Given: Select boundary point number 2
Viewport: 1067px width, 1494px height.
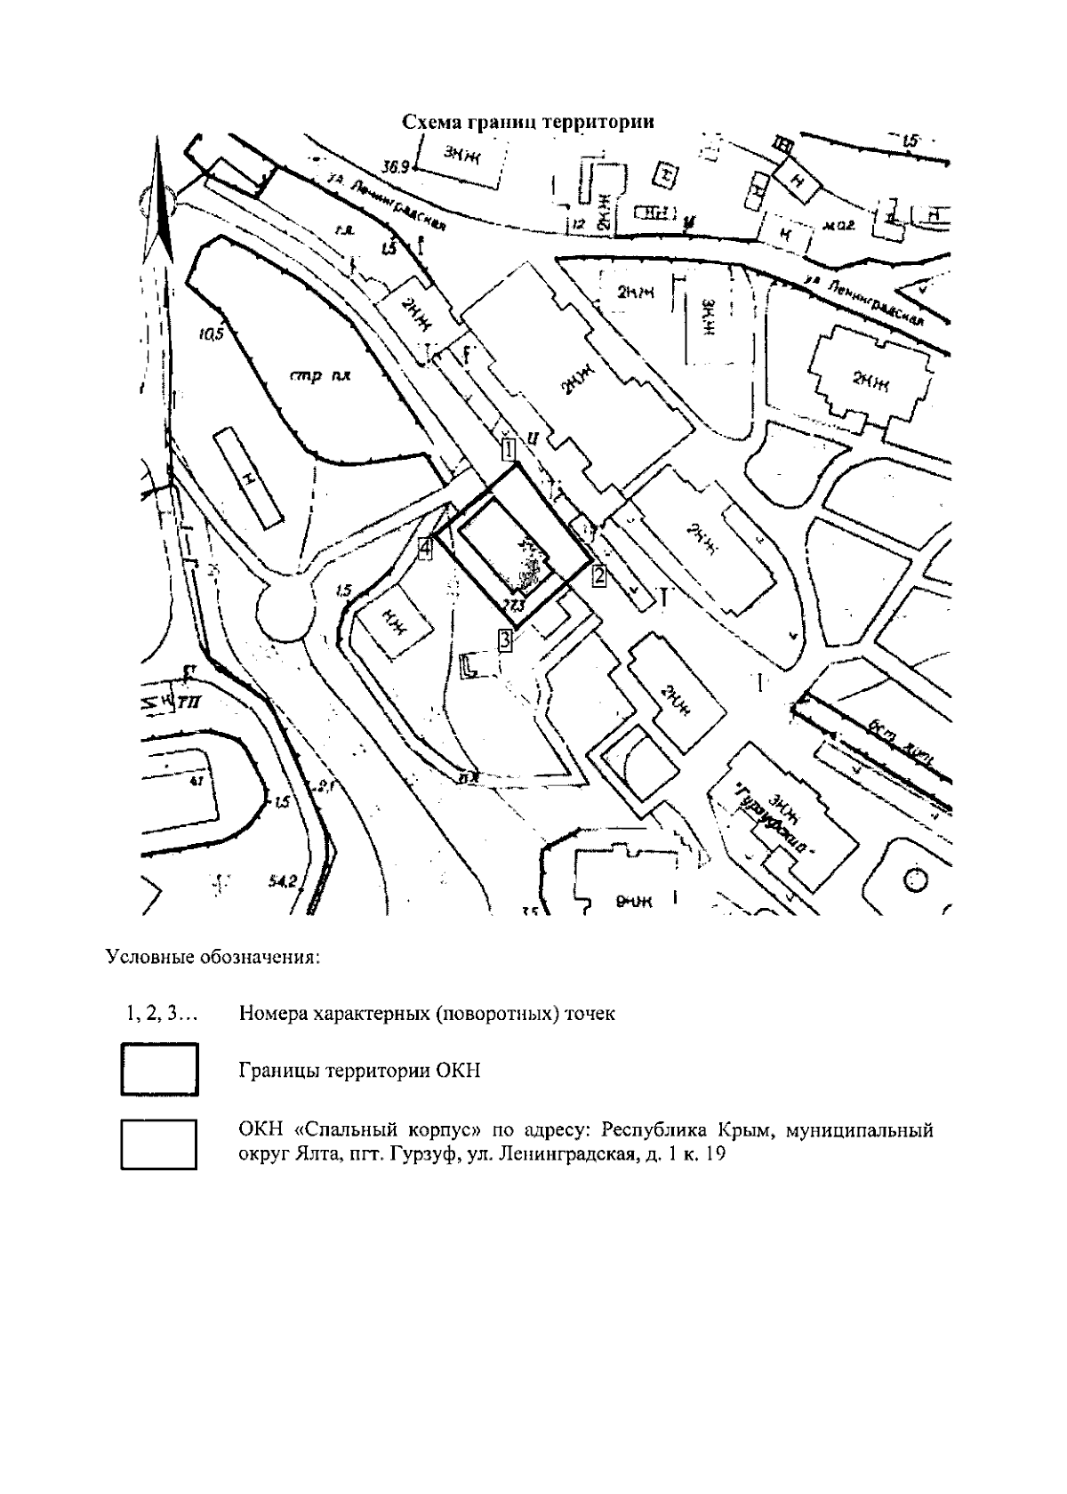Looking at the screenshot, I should (x=599, y=575).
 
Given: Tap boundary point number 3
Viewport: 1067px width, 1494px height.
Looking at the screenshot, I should (x=505, y=639).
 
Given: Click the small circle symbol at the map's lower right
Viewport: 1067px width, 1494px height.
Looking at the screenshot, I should (x=915, y=880).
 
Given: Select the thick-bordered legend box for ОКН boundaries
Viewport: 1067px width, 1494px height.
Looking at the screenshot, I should (x=159, y=1070).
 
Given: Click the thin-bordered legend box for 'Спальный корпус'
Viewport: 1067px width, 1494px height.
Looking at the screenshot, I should (x=159, y=1144).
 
